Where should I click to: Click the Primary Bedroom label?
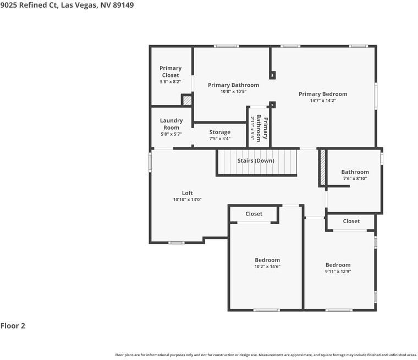[x=323, y=94]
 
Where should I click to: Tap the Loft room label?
[x=188, y=193]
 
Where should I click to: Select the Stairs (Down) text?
[x=256, y=160]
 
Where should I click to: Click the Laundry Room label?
[x=171, y=124]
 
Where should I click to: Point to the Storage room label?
[x=220, y=132]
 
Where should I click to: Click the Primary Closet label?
[x=170, y=71]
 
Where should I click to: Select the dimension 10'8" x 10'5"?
[x=233, y=92]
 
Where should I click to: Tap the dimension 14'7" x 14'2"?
[x=323, y=101]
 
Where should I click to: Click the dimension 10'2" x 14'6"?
[x=267, y=267]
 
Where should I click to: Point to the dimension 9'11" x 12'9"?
[x=338, y=272]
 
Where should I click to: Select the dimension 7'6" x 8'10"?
[x=355, y=178]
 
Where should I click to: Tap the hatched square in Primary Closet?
[x=187, y=101]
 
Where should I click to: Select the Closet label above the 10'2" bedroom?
[x=254, y=214]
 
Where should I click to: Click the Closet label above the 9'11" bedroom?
[x=351, y=221]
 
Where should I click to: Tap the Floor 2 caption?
[x=13, y=326]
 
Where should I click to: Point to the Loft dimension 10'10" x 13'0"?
[x=188, y=200]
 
